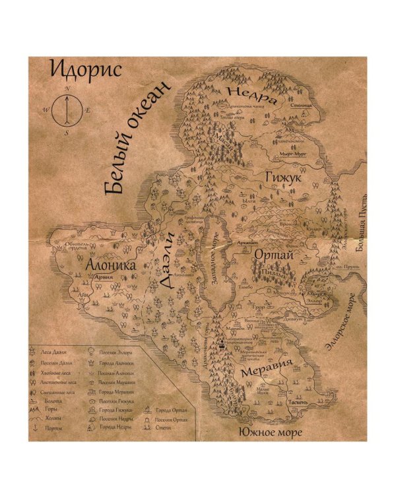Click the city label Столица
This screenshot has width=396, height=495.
tap(301, 105)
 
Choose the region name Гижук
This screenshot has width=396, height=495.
tap(282, 177)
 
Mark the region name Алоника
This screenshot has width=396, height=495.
tap(111, 265)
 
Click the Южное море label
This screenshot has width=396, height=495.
tap(270, 433)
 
